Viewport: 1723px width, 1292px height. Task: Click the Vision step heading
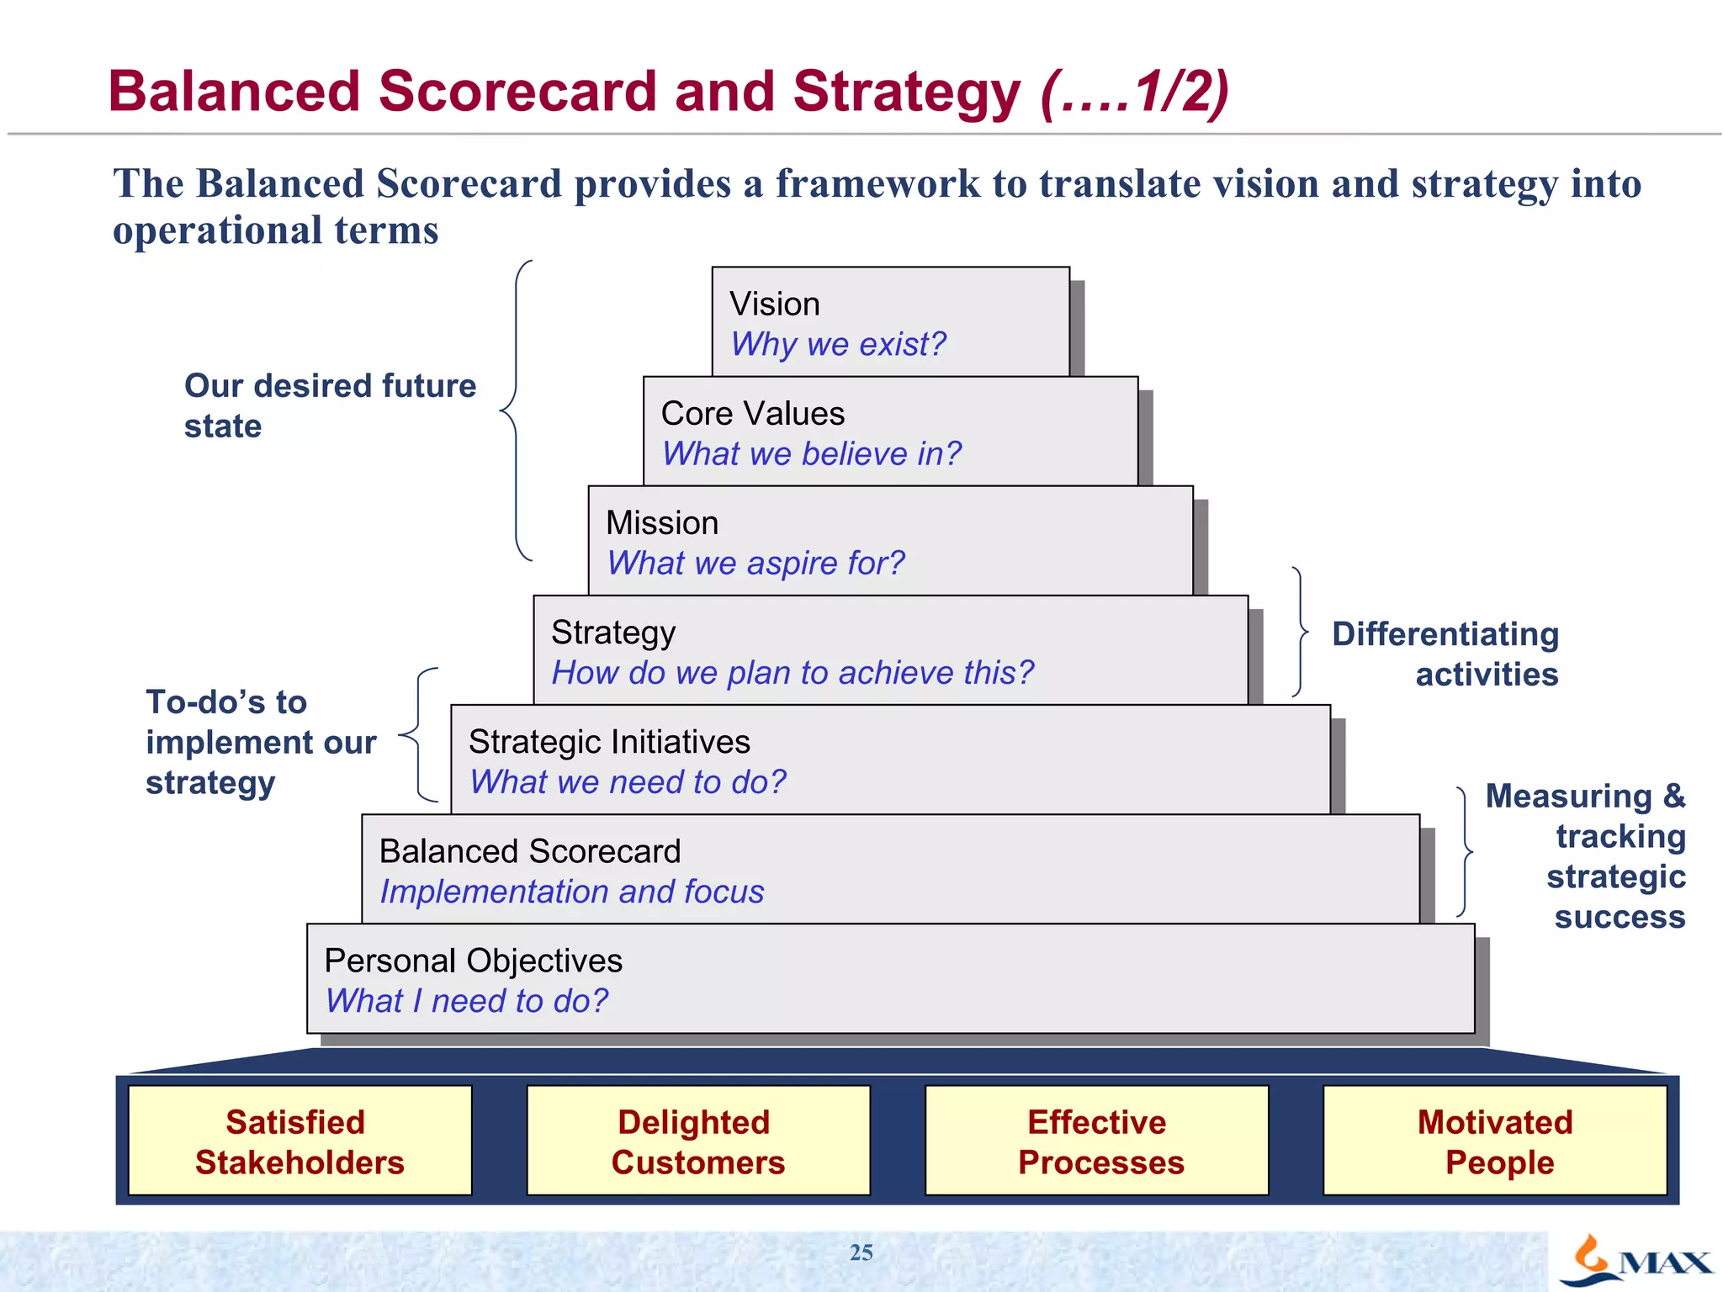(x=774, y=304)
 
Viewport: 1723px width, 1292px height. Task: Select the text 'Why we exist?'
(x=838, y=345)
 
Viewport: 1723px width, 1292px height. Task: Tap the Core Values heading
(x=752, y=414)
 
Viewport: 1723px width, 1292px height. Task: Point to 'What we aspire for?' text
(x=755, y=564)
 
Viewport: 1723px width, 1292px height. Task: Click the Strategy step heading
(x=613, y=633)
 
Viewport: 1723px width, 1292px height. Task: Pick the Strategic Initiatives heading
(x=609, y=742)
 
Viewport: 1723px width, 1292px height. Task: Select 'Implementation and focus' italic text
(x=572, y=892)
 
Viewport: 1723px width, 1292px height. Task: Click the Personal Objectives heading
(x=473, y=961)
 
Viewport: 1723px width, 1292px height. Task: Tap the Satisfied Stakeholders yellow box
(x=300, y=1141)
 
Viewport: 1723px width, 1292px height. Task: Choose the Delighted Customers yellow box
(x=697, y=1141)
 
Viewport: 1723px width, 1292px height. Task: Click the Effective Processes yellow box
(x=1096, y=1141)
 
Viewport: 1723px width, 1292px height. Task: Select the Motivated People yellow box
(x=1494, y=1141)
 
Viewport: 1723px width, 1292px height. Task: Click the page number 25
(x=861, y=1252)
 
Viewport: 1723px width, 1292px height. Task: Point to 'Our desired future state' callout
(x=330, y=405)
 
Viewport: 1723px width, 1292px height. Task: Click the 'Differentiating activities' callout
(x=1445, y=654)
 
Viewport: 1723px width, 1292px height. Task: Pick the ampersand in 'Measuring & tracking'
(x=1673, y=796)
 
